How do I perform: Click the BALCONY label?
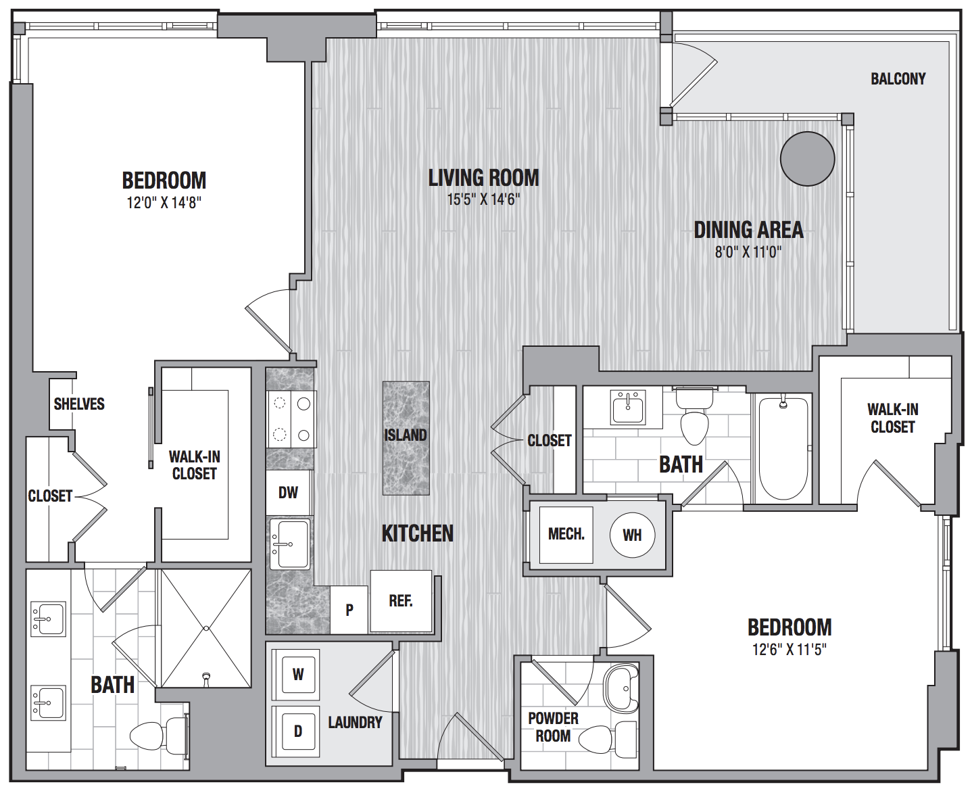click(898, 79)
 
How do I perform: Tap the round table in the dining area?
click(807, 159)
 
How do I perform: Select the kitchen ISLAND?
click(406, 438)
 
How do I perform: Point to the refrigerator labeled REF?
click(401, 600)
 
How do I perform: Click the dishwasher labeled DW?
click(289, 492)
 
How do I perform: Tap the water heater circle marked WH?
click(633, 535)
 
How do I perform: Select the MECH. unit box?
click(566, 535)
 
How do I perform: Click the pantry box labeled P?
click(349, 610)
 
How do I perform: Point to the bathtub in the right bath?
click(783, 448)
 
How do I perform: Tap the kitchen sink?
click(290, 544)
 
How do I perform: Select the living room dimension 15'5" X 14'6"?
click(484, 199)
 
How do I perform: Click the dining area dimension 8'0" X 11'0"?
click(748, 252)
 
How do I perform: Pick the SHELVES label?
click(79, 404)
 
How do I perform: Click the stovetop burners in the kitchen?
click(291, 419)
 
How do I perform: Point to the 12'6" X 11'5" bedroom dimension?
click(789, 650)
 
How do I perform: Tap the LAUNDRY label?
click(355, 723)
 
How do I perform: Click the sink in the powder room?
click(621, 688)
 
